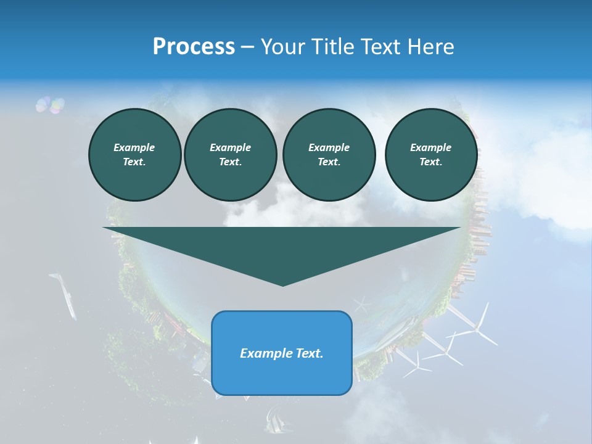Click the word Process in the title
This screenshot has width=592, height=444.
194,47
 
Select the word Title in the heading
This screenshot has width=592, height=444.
335,47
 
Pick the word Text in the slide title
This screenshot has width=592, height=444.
382,47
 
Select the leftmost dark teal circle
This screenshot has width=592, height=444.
134,154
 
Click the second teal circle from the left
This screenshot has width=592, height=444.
230,154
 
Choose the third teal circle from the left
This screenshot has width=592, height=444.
329,154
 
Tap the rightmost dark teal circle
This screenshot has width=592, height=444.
431,154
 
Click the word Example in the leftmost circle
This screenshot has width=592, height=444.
134,147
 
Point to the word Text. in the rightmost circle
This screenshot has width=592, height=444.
431,162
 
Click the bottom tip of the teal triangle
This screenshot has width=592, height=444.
282,285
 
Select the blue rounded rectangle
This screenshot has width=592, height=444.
282,353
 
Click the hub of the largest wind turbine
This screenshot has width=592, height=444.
475,331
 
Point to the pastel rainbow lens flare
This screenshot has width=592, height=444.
51,105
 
